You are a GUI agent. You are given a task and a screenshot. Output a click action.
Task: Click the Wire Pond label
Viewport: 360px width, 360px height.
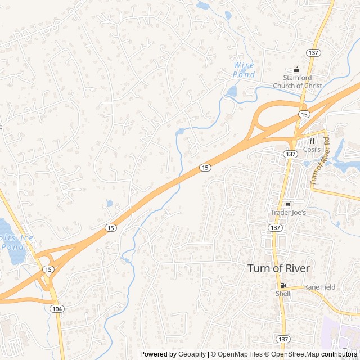point(244,70)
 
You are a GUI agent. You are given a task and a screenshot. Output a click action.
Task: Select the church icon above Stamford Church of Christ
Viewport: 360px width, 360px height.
point(298,70)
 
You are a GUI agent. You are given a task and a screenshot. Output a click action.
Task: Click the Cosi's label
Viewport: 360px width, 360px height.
point(312,150)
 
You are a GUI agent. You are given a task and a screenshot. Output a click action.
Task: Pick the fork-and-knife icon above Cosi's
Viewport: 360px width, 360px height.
point(311,141)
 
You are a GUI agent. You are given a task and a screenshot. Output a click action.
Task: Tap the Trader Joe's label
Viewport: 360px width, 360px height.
point(288,213)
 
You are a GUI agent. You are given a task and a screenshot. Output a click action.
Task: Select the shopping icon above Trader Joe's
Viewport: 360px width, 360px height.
point(288,204)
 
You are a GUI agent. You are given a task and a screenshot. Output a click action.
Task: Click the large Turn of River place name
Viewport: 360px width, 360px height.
point(278,268)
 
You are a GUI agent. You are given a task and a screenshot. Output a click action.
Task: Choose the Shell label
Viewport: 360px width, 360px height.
point(283,294)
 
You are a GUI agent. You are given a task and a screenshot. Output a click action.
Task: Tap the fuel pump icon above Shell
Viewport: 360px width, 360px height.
point(283,285)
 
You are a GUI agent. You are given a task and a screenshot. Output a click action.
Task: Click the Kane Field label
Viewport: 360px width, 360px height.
point(319,287)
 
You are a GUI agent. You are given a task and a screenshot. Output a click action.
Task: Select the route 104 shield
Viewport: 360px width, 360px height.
point(56,309)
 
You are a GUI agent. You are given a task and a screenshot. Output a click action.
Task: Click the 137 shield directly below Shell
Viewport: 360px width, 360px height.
point(283,338)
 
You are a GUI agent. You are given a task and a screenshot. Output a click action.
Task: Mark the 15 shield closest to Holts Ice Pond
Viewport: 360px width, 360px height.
point(49,270)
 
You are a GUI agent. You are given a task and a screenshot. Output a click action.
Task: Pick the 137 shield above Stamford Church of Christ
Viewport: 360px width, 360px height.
point(313,52)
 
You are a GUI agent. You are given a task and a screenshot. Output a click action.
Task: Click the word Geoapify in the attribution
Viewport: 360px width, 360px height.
point(192,354)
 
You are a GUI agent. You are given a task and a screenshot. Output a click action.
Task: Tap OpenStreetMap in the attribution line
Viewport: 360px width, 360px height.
point(295,354)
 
